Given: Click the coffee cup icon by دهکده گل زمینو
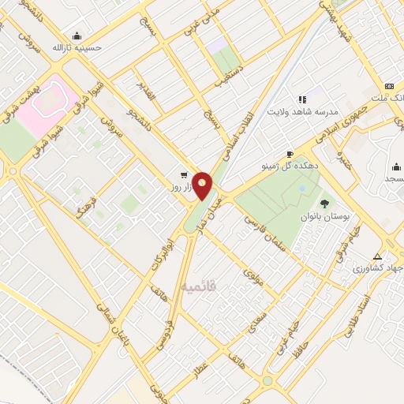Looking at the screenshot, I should click(x=290, y=154).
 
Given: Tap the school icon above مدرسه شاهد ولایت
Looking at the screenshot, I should click(x=301, y=99).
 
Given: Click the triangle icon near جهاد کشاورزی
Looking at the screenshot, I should click(x=378, y=257).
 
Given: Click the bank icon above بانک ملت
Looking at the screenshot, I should click(x=388, y=86).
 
